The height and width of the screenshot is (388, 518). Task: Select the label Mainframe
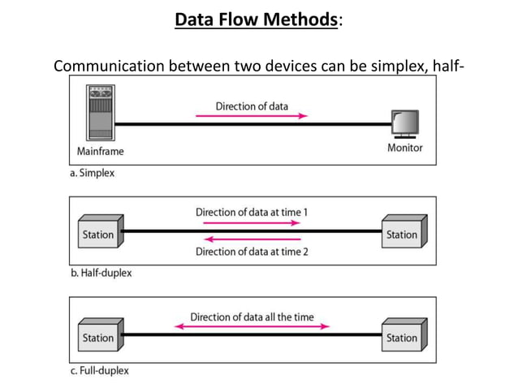tap(101, 151)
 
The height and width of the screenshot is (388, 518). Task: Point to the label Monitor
tap(404, 149)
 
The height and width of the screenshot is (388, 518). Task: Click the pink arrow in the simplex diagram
tap(252, 116)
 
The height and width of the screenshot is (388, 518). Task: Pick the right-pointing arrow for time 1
tap(252, 222)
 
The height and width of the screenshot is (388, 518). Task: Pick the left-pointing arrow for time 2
tap(252, 239)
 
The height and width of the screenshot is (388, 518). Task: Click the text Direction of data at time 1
tap(252, 212)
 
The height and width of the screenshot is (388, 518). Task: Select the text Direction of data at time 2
tap(252, 251)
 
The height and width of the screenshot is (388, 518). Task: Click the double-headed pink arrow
tap(252, 326)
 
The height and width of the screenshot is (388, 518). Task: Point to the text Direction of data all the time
tap(252, 316)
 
